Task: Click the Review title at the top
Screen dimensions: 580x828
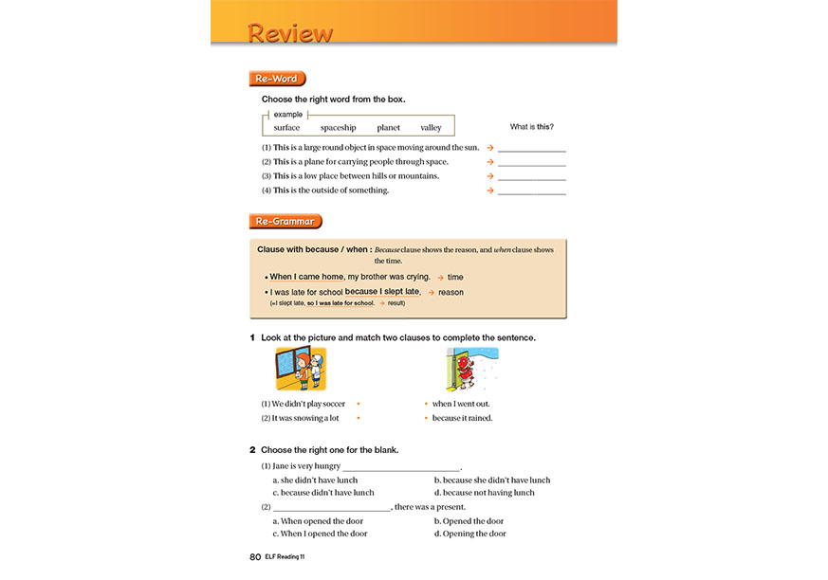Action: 290,33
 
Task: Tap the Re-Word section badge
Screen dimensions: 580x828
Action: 277,79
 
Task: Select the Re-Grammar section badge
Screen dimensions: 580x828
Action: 285,222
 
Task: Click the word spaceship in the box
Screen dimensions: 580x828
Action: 338,128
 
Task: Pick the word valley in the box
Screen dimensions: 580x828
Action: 431,128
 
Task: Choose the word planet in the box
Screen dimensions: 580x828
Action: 388,128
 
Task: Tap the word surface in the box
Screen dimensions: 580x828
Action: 286,128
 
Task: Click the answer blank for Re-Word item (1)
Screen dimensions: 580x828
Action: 531,149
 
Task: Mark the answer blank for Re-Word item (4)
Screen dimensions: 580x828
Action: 531,191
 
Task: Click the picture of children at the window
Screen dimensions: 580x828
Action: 300,369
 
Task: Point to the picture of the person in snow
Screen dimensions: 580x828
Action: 471,369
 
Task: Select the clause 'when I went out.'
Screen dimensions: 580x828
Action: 461,404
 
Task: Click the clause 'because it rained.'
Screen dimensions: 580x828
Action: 463,418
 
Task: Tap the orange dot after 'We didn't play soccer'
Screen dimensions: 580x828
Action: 358,404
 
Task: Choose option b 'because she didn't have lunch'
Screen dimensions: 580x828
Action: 491,480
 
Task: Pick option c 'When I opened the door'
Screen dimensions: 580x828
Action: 320,534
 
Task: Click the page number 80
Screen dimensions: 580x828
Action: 255,557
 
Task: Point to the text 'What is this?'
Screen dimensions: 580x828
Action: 531,127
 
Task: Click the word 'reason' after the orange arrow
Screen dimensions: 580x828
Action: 451,292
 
